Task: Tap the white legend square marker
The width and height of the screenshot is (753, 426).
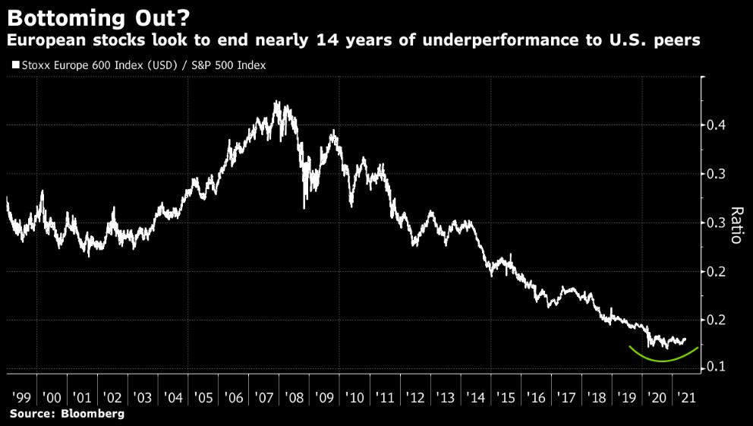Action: [x=15, y=66]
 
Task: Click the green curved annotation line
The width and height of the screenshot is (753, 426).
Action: [x=663, y=361]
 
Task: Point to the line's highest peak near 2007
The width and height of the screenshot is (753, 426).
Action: [x=276, y=102]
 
